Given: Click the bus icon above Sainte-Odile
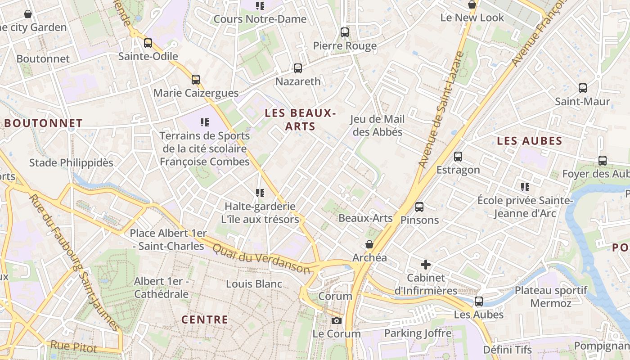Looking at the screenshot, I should [x=148, y=43].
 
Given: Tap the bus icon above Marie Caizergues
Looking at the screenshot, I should [x=196, y=80].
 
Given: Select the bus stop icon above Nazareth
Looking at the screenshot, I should [x=298, y=68].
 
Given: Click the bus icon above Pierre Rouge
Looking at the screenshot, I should [x=345, y=32].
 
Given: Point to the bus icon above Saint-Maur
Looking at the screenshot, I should [x=583, y=88].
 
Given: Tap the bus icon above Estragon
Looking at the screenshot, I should [x=458, y=157].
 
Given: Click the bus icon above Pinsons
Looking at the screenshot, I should [x=419, y=207].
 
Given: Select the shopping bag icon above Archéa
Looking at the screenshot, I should [x=369, y=244].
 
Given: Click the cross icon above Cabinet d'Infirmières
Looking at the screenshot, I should [x=426, y=265].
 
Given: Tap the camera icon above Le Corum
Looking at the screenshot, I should [x=336, y=320].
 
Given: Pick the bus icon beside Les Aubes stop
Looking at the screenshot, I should [x=479, y=301].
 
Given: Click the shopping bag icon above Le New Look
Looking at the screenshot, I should [x=472, y=5].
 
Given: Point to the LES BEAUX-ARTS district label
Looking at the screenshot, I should [x=300, y=119].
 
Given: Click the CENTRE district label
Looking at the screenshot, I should [x=205, y=320].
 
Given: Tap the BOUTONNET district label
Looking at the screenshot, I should [x=44, y=123].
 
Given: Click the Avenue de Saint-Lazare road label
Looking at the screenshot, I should [x=441, y=110].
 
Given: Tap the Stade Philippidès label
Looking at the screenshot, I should [x=71, y=162].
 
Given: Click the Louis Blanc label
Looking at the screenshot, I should [x=254, y=284].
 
